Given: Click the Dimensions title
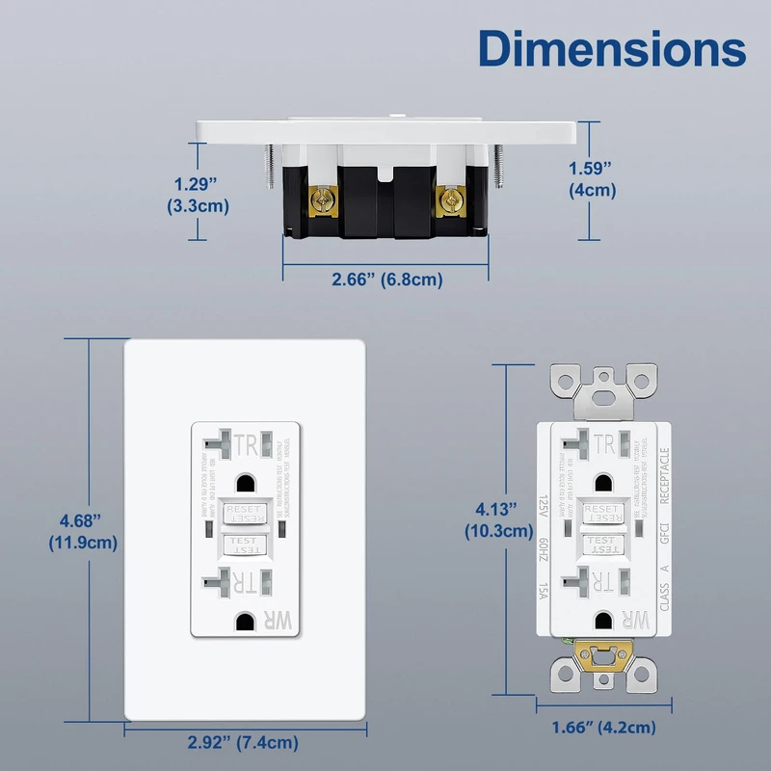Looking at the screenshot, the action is (x=613, y=48).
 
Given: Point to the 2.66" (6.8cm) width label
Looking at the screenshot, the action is (x=386, y=279).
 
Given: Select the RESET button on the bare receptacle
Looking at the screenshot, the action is (x=603, y=512).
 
